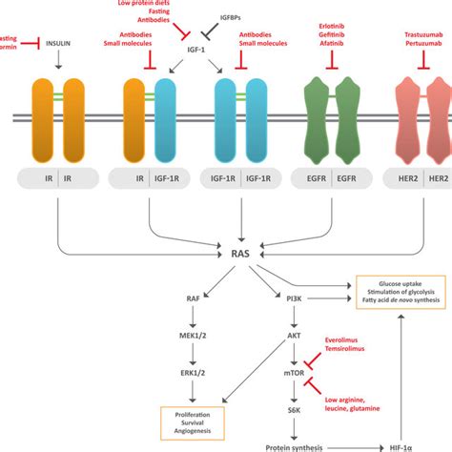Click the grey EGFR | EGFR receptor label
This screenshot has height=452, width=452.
pos(331,178)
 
